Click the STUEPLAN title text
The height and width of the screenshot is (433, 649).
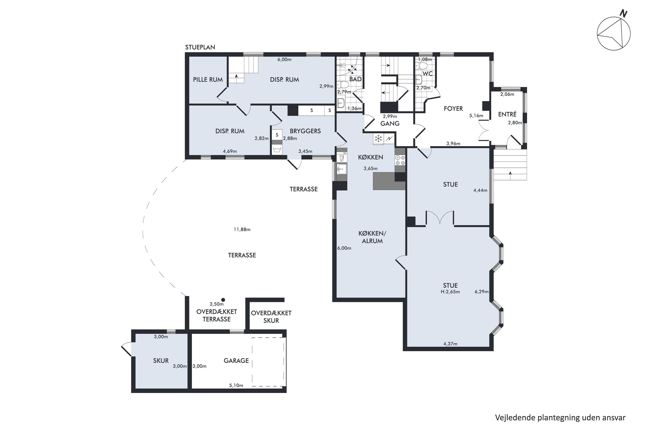pyautogui.click(x=200, y=47)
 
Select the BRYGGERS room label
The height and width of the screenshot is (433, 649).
pyautogui.click(x=305, y=131)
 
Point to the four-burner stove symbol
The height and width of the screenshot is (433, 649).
pyautogui.click(x=400, y=160)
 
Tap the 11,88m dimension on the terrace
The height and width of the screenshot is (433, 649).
pyautogui.click(x=242, y=229)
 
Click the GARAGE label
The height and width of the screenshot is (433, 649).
pyautogui.click(x=236, y=361)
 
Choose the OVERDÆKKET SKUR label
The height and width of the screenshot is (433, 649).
pyautogui.click(x=271, y=317)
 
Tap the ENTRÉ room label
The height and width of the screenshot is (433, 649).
pyautogui.click(x=507, y=114)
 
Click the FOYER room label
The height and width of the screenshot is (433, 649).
pyautogui.click(x=453, y=108)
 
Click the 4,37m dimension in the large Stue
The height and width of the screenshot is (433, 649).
pyautogui.click(x=450, y=344)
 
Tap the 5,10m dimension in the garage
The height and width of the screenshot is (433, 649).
pyautogui.click(x=236, y=385)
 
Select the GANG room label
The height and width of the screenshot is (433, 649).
pyautogui.click(x=390, y=123)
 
